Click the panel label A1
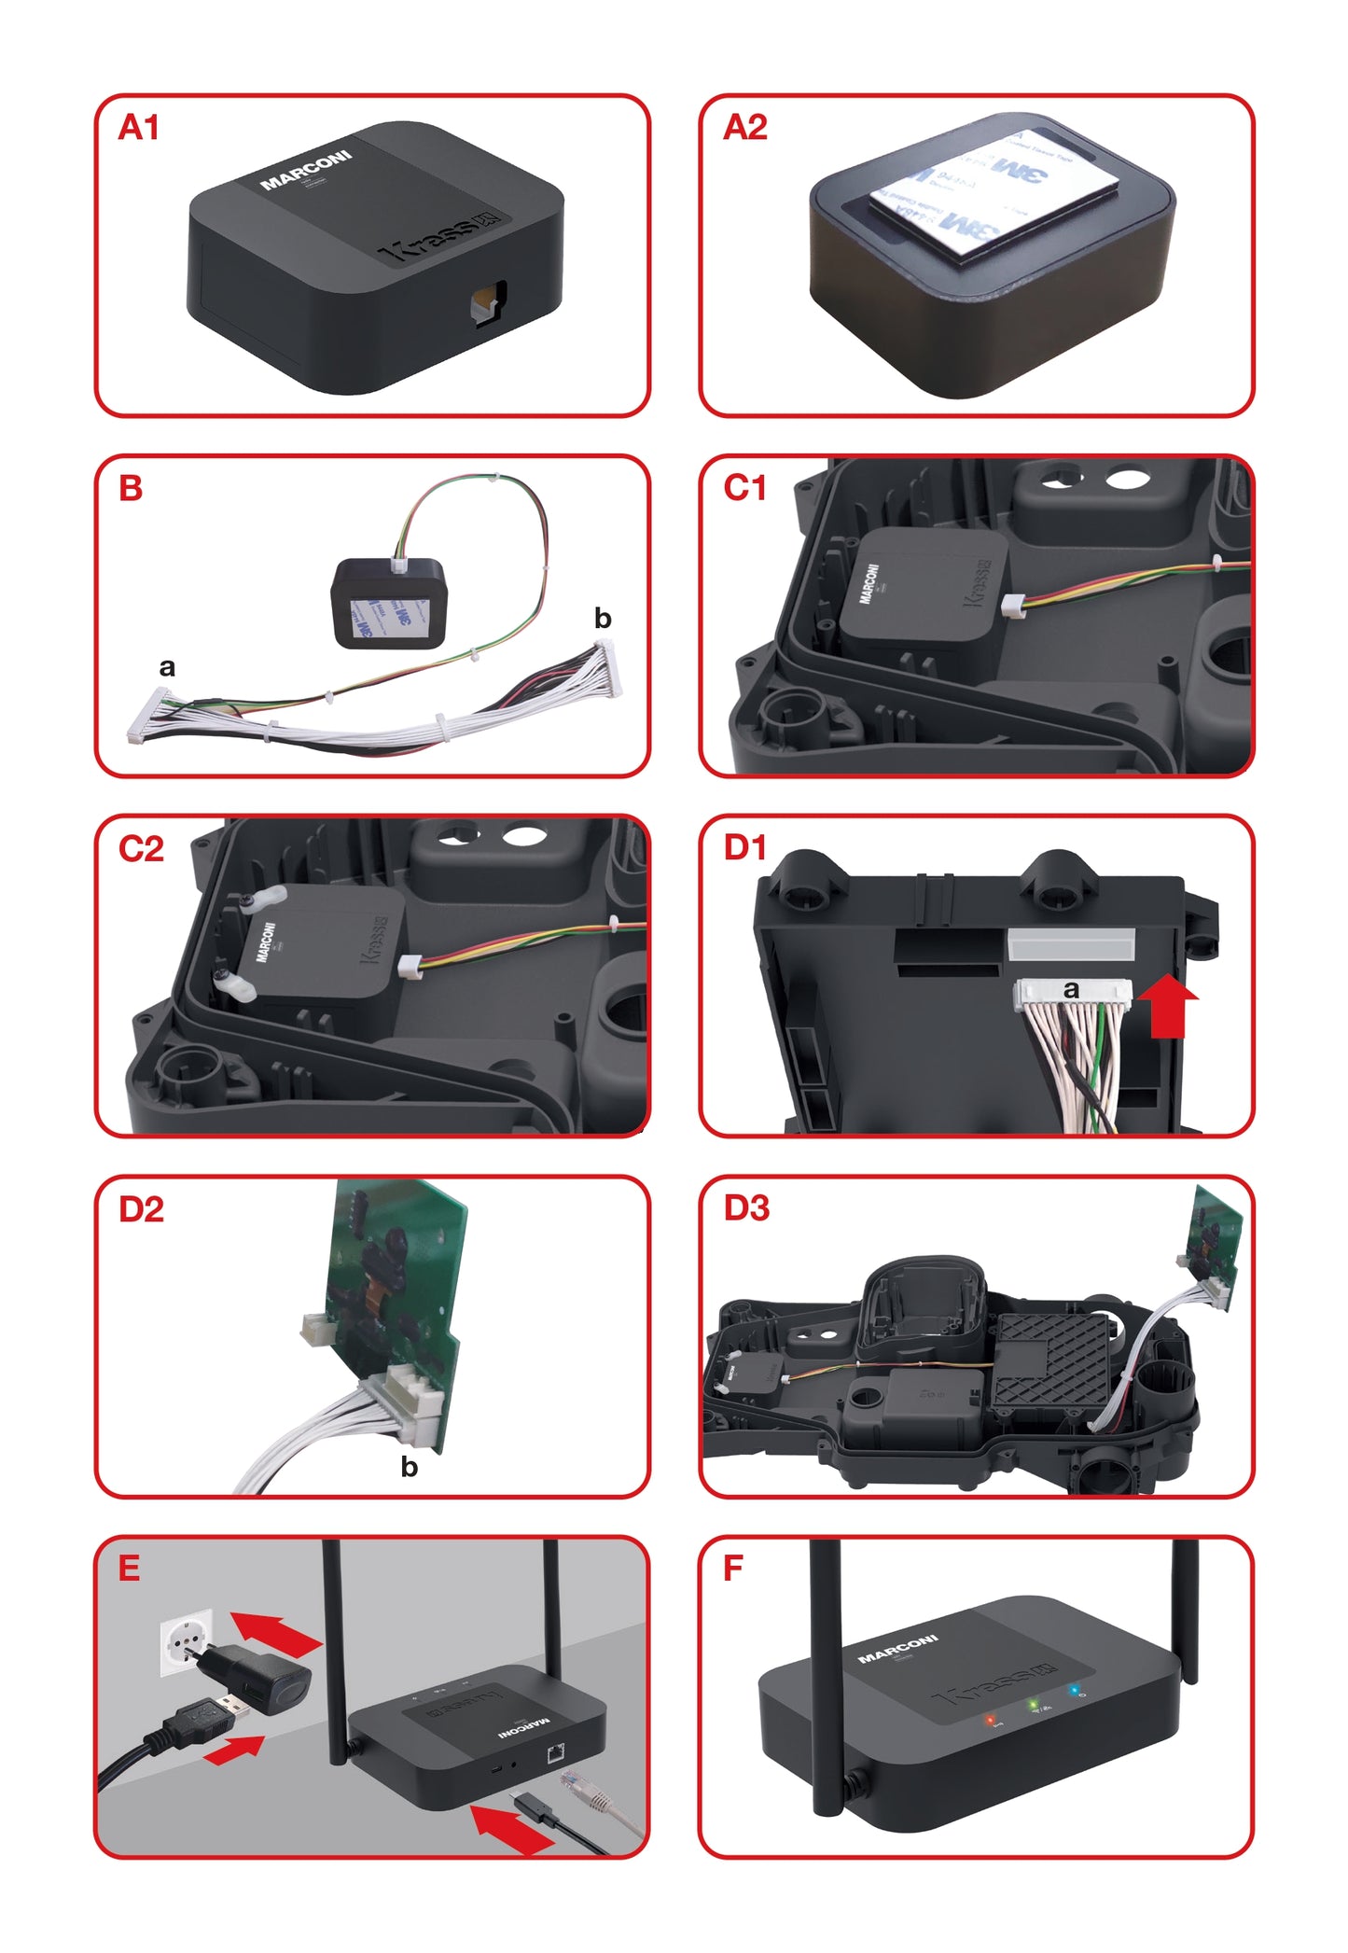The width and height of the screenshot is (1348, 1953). pos(138,127)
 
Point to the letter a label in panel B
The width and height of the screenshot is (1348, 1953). pos(167,667)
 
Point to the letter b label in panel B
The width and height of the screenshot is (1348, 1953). pos(603,618)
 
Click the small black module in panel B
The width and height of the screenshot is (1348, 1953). pos(389,602)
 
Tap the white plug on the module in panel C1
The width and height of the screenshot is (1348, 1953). pos(1011,606)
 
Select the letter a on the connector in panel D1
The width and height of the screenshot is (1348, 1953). pos(1071,989)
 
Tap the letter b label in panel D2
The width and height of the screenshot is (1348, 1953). pos(409,1467)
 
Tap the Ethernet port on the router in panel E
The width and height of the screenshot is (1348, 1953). pos(555,1751)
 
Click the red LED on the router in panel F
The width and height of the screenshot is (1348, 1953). pos(991,1719)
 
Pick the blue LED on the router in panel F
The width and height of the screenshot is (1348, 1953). pos(1074,1690)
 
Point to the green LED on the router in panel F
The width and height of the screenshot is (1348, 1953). pos(1033,1705)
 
